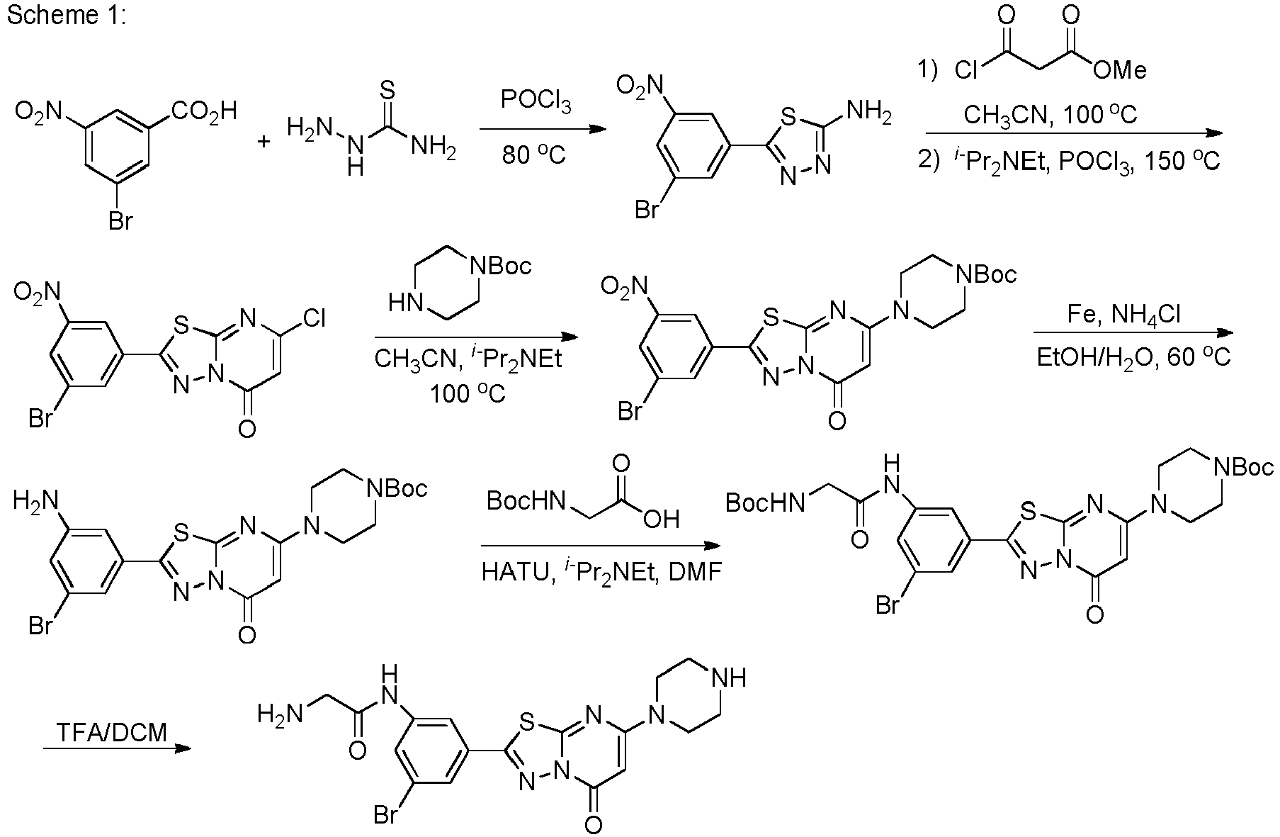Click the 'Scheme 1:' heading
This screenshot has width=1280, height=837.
coord(66,16)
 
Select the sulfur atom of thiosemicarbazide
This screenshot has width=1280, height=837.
coord(387,90)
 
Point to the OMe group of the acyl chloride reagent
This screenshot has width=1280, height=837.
coord(1119,69)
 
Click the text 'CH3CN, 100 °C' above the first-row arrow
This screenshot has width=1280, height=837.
coord(1050,115)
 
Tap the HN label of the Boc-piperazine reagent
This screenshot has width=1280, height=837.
coord(404,304)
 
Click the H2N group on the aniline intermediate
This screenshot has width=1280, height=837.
coord(34,502)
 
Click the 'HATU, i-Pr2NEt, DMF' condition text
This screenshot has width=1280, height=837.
coord(601,571)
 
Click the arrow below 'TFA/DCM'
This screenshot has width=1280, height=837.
coord(117,748)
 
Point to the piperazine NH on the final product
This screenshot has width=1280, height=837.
coord(730,677)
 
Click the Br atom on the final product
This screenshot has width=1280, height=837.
coord(386,816)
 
